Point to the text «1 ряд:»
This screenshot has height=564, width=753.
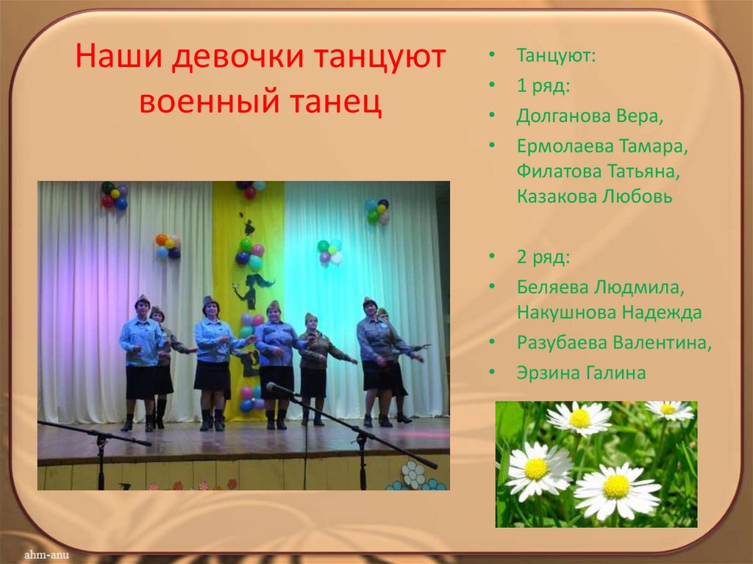click(542, 85)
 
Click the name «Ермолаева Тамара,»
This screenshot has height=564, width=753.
click(602, 146)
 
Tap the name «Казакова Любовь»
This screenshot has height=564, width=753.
click(594, 196)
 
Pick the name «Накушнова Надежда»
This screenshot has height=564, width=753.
click(609, 312)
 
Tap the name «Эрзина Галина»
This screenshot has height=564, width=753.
click(581, 373)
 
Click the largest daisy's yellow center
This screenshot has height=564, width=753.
click(616, 486)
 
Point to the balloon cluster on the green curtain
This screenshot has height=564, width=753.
click(329, 251)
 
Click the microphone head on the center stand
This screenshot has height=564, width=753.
click(271, 386)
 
